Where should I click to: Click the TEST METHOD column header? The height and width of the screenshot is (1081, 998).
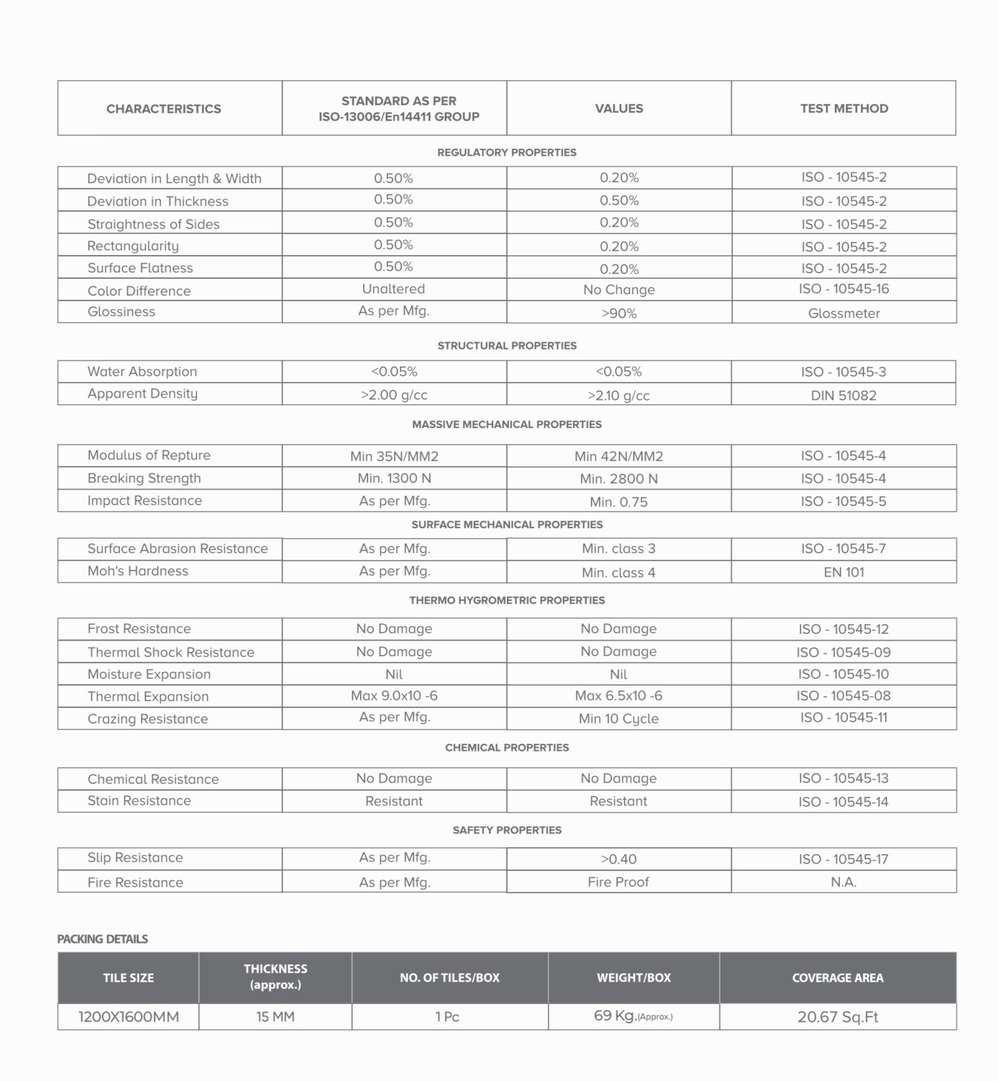pos(844,108)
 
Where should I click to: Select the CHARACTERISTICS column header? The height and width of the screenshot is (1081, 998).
pos(164,109)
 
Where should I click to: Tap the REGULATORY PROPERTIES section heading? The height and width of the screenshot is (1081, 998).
pos(506,152)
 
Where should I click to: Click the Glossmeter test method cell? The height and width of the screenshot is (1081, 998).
pos(844,313)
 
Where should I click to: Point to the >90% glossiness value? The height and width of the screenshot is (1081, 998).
pos(619,313)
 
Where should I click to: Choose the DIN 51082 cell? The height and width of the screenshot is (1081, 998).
pos(843,395)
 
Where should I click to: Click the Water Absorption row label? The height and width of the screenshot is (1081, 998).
pos(142,371)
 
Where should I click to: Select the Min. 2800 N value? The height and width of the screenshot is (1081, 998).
pos(618,478)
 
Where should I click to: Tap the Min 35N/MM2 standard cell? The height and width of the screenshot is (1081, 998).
pos(394,456)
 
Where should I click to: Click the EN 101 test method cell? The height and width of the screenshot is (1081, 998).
pos(844,572)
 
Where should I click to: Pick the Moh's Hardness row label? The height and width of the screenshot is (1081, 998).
pos(138,571)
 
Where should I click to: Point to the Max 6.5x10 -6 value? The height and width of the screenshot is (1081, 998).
pos(618,695)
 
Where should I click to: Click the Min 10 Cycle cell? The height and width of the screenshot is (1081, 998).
pos(618,718)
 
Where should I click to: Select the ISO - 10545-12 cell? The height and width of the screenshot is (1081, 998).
pos(844,629)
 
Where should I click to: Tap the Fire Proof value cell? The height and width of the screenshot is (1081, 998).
pos(618,882)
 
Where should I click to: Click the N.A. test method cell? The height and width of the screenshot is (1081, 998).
pos(844,882)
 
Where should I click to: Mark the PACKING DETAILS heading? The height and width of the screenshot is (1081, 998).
pos(103,939)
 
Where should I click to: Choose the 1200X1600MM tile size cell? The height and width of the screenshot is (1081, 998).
pos(128,1017)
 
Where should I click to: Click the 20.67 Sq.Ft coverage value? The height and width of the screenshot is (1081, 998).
pos(837,1017)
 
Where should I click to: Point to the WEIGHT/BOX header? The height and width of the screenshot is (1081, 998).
pos(633,977)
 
